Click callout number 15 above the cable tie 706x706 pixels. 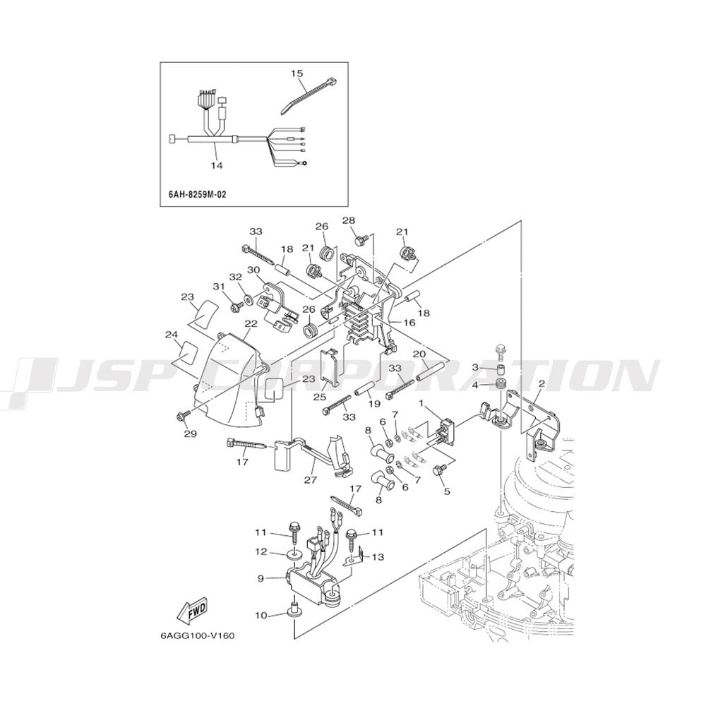(x=297, y=73)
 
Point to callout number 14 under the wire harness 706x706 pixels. (x=217, y=165)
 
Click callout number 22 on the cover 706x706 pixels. (x=251, y=324)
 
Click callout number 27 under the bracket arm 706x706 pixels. (x=311, y=480)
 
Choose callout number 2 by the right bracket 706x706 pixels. (x=542, y=383)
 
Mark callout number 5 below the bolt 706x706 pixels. (x=447, y=491)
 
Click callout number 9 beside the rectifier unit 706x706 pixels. (x=261, y=579)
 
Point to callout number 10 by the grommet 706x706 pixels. (x=262, y=615)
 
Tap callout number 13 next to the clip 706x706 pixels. (x=378, y=557)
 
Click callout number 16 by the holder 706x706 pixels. (x=409, y=323)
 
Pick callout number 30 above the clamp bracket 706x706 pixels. (x=254, y=269)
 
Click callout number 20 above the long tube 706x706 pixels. (x=419, y=354)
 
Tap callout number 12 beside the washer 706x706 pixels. (x=262, y=551)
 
